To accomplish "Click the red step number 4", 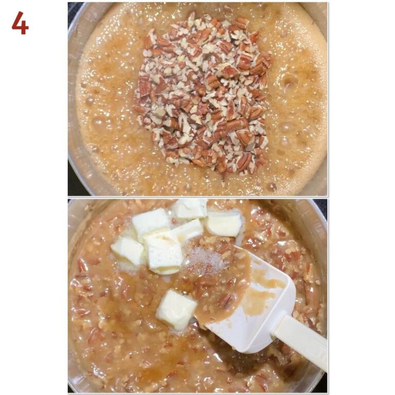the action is click(x=20, y=23).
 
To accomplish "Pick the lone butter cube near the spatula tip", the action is click(x=176, y=309).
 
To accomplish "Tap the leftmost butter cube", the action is click(x=127, y=250).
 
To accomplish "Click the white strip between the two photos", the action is click(x=197, y=197).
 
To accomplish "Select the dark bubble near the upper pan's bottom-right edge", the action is click(x=272, y=186).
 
